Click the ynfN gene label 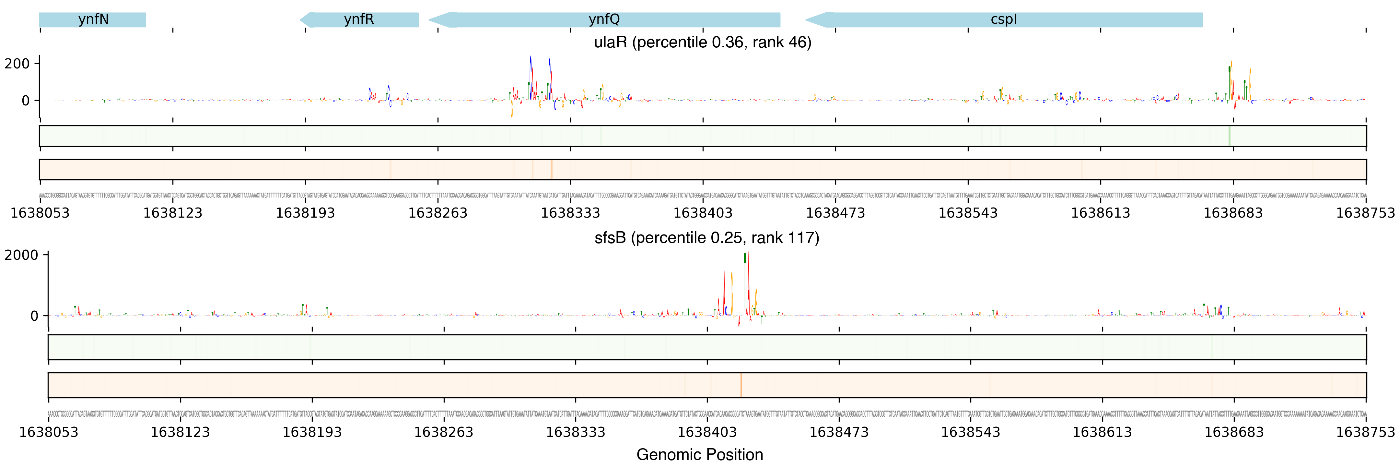click(93, 19)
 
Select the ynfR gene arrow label click(359, 19)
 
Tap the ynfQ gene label click(604, 19)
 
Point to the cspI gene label click(1003, 19)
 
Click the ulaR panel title click(702, 42)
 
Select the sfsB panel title click(706, 238)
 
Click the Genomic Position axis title click(699, 454)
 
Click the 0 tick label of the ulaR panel click(26, 101)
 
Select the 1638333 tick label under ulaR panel click(570, 213)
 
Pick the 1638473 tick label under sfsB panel click(839, 432)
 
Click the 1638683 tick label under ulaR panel click(1232, 213)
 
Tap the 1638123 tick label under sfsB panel click(180, 432)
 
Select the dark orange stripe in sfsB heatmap click(741, 385)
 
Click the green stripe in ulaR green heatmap click(1229, 136)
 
